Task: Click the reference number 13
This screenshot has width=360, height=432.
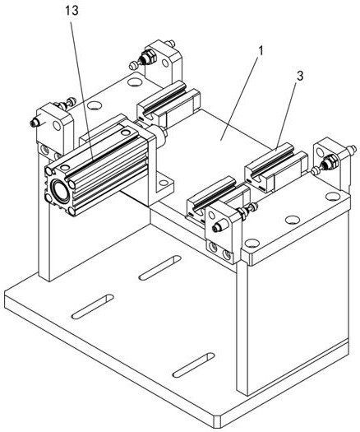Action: pos(72,11)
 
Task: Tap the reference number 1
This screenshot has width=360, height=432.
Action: pos(261,51)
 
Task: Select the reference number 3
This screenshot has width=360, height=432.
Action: pos(300,77)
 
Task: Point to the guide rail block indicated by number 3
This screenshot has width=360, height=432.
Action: pos(276,167)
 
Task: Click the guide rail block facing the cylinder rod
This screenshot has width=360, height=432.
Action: pos(168,104)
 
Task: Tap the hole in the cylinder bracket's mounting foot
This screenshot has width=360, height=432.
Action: pos(164,183)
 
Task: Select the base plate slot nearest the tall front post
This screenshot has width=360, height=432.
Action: pos(193,365)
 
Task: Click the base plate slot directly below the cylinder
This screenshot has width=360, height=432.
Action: pos(93,307)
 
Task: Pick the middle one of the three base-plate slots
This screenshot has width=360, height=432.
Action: pos(160,267)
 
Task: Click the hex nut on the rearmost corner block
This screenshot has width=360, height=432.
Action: pos(149,57)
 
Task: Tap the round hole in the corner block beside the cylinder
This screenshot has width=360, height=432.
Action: pos(57,126)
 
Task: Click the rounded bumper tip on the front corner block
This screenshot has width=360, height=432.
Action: pos(218,227)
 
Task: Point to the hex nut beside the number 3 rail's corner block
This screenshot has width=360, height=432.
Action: pos(329,162)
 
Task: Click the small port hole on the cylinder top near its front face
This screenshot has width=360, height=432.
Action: pos(65,167)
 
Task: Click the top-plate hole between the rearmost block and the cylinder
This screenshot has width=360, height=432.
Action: pos(95,105)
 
